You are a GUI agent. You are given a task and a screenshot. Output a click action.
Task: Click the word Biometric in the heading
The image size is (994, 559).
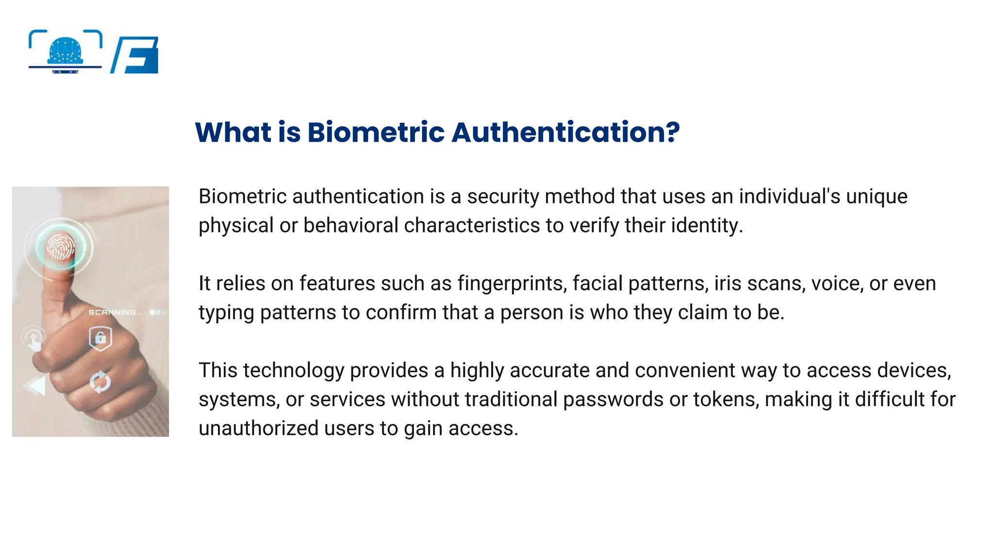coord(376,132)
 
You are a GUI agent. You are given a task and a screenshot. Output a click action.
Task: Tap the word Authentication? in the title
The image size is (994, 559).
coord(565,132)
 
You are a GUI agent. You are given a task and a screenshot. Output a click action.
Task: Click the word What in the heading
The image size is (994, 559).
coord(233,132)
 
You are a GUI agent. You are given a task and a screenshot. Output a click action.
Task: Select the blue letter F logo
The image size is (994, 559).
coord(136,55)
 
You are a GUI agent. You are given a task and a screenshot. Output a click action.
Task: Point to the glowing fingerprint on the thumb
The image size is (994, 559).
coord(61,247)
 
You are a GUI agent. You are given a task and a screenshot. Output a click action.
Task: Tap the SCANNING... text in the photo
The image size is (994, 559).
coord(116,312)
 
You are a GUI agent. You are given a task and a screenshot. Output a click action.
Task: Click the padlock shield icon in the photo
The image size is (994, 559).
coord(100,338)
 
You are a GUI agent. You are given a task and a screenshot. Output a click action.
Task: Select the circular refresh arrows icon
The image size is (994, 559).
coord(100,382)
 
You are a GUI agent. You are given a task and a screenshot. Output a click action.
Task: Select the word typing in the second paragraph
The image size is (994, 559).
coord(226,313)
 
